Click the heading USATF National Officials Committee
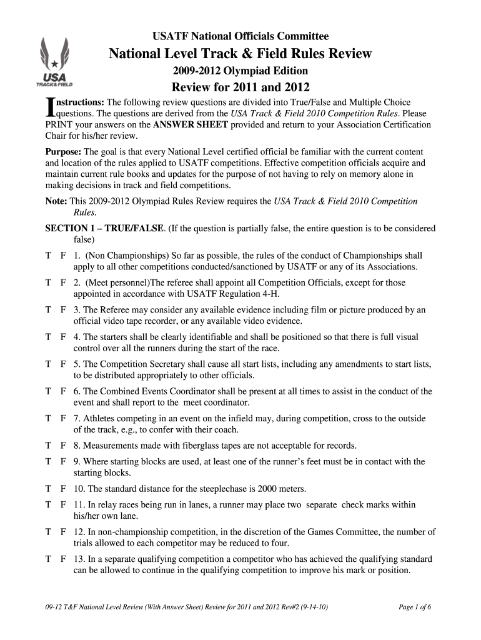click(241, 36)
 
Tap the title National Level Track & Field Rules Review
click(241, 54)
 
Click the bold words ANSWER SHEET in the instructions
click(191, 125)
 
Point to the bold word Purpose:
click(64, 152)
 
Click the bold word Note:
click(56, 201)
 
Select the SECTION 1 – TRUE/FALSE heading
click(106, 229)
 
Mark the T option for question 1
click(48, 256)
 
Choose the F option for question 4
click(63, 337)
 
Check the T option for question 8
click(48, 445)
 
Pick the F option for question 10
click(63, 488)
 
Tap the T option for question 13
click(48, 559)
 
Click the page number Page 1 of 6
click(415, 610)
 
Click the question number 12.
click(79, 532)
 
